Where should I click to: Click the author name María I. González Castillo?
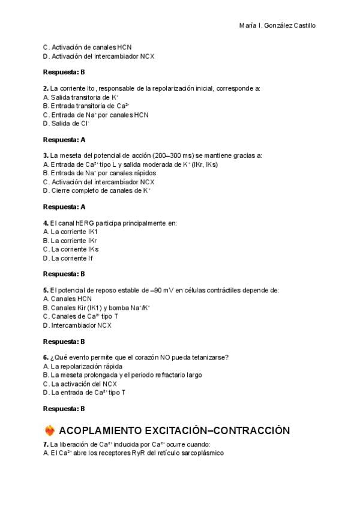pyautogui.click(x=277, y=26)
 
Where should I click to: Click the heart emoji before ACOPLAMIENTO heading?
pyautogui.click(x=50, y=430)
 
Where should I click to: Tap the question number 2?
pyautogui.click(x=46, y=88)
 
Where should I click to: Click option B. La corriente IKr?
pyautogui.click(x=71, y=240)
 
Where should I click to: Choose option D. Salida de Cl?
pyautogui.click(x=67, y=124)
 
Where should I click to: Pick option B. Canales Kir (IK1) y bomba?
pyautogui.click(x=97, y=307)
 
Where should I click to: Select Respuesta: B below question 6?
pyautogui.click(x=64, y=409)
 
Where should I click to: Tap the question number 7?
pyautogui.click(x=46, y=444)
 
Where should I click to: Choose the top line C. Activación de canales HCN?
pyautogui.click(x=88, y=47)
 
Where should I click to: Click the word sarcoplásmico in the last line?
pyautogui.click(x=202, y=453)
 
